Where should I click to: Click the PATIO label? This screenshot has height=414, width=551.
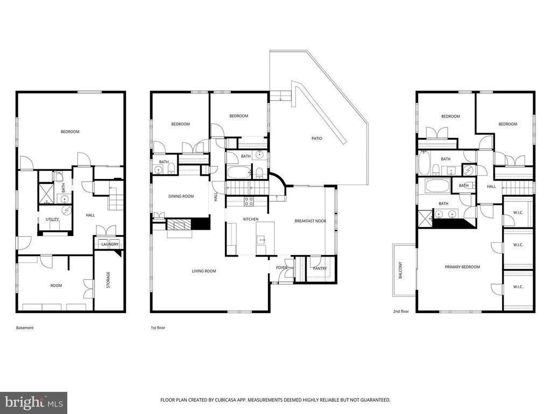(317, 139)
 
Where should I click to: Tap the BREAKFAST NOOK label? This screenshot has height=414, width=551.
(310, 221)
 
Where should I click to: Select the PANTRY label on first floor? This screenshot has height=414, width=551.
(320, 268)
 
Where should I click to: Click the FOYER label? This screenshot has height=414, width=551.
(282, 268)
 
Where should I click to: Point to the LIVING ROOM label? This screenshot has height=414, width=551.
(204, 271)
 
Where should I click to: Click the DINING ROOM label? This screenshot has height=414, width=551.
(181, 196)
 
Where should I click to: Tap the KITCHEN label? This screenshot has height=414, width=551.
(251, 219)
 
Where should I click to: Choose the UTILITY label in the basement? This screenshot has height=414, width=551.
(52, 219)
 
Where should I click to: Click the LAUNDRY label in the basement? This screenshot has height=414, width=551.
(110, 244)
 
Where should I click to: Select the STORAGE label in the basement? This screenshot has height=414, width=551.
(108, 279)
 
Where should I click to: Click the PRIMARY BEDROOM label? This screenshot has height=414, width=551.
(462, 267)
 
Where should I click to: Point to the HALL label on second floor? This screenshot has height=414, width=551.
(491, 187)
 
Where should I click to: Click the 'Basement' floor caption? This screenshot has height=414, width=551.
(25, 327)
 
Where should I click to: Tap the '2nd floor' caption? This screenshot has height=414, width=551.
(401, 312)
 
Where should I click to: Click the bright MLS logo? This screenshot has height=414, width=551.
(33, 402)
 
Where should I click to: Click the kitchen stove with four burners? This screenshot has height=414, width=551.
(249, 202)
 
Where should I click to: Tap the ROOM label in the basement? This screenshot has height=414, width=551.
(56, 286)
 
